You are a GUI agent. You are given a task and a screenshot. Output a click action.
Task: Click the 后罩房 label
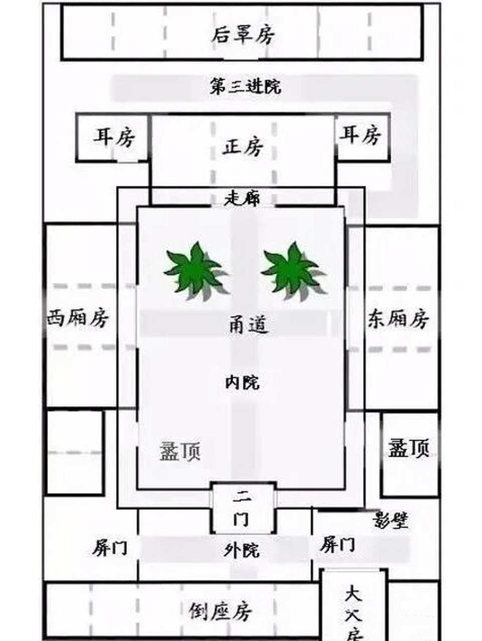pyautogui.click(x=243, y=35)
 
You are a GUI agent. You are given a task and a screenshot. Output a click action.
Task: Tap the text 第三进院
pyautogui.click(x=245, y=87)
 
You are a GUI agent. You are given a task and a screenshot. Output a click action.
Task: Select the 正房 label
pyautogui.click(x=243, y=147)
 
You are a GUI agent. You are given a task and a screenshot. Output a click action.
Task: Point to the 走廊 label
pyautogui.click(x=242, y=199)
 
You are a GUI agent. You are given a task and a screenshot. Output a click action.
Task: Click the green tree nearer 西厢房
pyautogui.click(x=193, y=271)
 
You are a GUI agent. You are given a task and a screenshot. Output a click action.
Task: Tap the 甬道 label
pyautogui.click(x=249, y=325)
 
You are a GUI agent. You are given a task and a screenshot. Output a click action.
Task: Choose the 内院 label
pyautogui.click(x=242, y=383)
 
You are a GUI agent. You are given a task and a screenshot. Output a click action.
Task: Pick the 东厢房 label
pyautogui.click(x=399, y=318)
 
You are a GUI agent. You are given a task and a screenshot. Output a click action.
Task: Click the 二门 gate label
pyautogui.click(x=243, y=508)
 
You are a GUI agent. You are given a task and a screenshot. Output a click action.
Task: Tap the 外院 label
pyautogui.click(x=242, y=551)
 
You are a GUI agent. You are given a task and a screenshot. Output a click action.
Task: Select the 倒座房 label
pyautogui.click(x=220, y=610)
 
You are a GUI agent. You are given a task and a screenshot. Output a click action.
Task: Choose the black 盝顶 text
pyautogui.click(x=409, y=447)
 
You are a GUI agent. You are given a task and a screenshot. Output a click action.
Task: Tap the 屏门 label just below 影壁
pyautogui.click(x=338, y=545)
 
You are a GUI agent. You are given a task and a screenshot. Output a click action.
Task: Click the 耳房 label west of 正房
pyautogui.click(x=114, y=136)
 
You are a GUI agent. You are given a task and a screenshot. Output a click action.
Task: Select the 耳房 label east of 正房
pyautogui.click(x=361, y=135)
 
